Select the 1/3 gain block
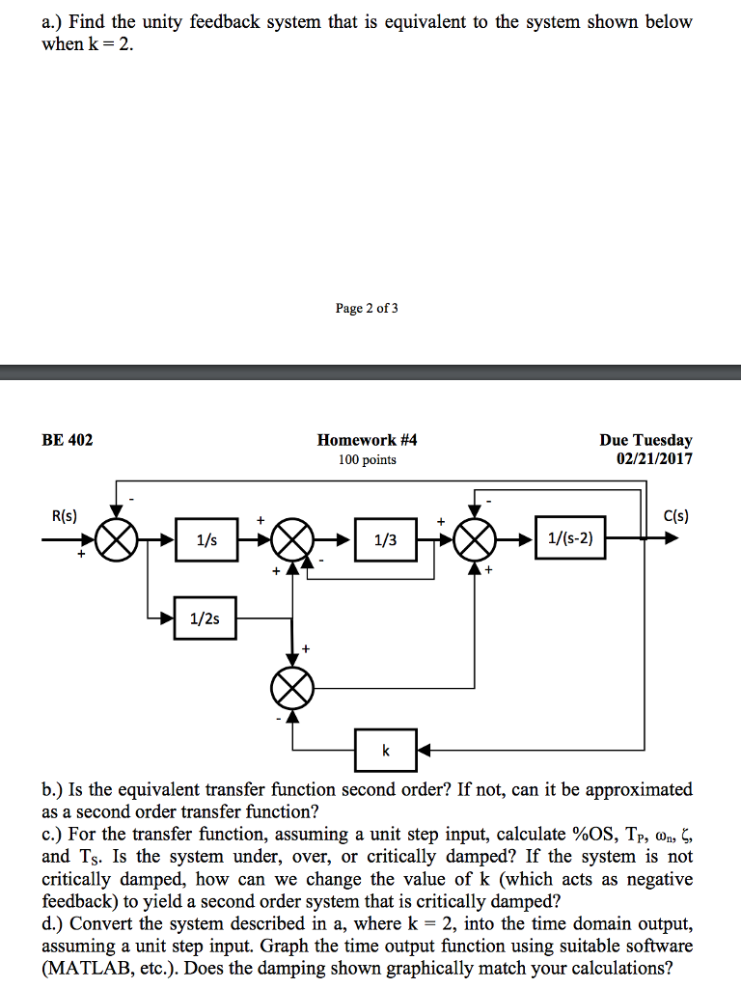point(386,539)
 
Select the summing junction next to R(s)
point(118,539)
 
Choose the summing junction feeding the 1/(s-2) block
point(473,539)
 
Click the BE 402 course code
point(68,440)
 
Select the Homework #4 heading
point(367,440)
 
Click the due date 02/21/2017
point(654,458)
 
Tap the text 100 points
point(367,459)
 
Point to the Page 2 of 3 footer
point(367,309)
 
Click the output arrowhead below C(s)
point(670,539)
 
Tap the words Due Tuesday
point(646,440)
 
